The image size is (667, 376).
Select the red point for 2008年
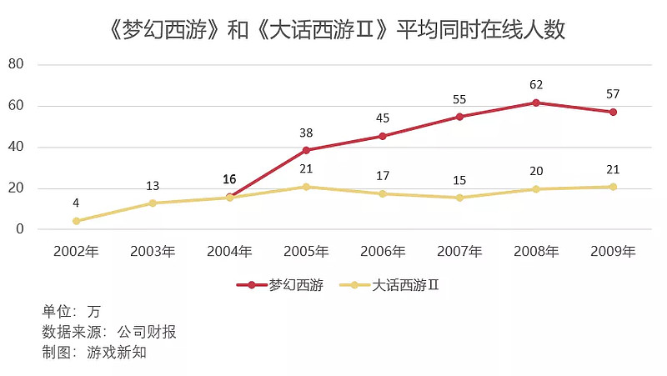click(536, 103)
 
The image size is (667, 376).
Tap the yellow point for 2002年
click(76, 221)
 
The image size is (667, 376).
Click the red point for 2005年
click(306, 150)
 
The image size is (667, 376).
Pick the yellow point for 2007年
click(459, 198)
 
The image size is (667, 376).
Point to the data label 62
click(536, 85)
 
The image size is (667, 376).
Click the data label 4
click(76, 203)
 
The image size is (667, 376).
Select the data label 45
click(383, 118)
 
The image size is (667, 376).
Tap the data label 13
click(153, 185)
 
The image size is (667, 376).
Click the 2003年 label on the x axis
click(153, 251)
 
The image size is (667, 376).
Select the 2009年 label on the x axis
click(613, 251)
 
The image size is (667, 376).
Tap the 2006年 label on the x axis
click(383, 251)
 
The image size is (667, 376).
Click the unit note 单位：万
click(71, 312)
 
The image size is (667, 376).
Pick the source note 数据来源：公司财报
click(109, 332)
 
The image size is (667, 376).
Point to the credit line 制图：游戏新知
click(94, 352)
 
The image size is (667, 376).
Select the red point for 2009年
click(613, 112)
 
